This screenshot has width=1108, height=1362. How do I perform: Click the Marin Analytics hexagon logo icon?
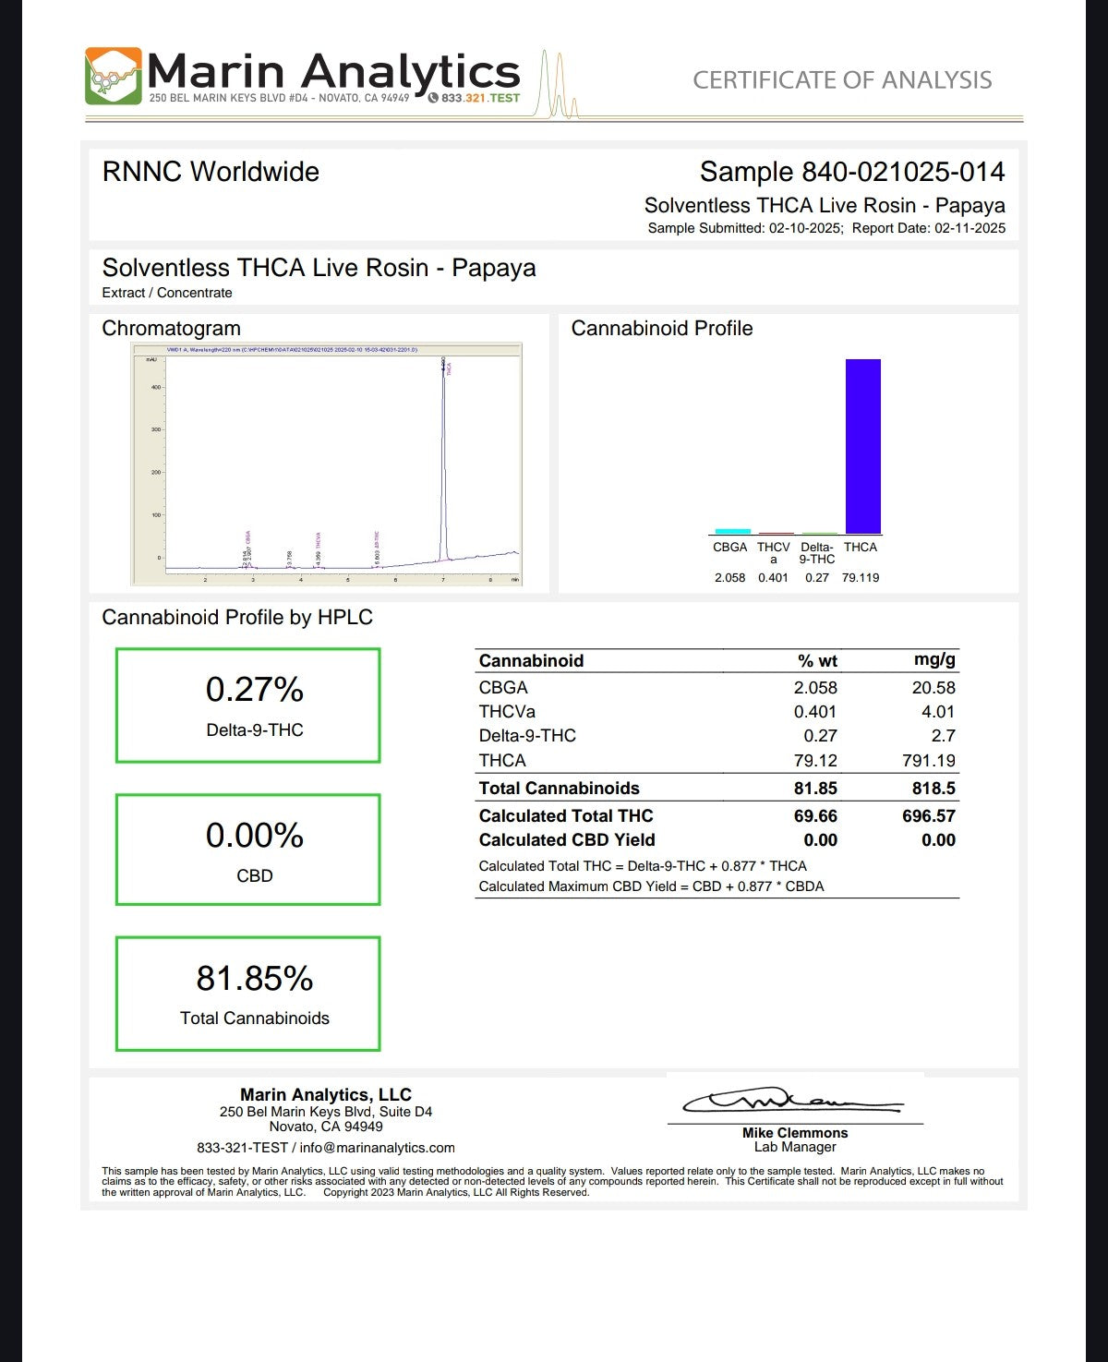pos(114,76)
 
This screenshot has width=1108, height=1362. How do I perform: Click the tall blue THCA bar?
pos(863,446)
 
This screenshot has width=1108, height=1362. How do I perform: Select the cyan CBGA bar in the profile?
pos(733,531)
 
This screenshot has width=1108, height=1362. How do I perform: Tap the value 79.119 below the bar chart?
pos(861,578)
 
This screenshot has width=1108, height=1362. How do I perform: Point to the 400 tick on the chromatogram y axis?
pos(155,387)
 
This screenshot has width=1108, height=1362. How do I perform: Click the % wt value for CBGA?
pos(815,688)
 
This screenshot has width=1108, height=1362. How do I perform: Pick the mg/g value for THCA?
pos(928,761)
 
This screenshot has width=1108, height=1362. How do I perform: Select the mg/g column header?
pos(934,660)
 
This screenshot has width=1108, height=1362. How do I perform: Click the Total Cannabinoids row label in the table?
pos(559,789)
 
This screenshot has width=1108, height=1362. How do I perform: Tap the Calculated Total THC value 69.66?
pos(815,816)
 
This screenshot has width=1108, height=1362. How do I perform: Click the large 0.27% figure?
pos(254,690)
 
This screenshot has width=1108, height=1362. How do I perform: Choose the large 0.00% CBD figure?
pos(254,836)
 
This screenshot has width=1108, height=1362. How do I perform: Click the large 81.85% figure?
pos(254,979)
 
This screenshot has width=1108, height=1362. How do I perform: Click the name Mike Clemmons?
pos(794,1133)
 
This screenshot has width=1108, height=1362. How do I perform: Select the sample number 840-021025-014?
pos(902,172)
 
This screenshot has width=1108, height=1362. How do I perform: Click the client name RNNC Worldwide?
pos(211,172)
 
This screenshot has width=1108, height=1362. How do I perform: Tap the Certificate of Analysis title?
pos(842,80)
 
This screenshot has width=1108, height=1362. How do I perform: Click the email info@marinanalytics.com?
pos(377,1148)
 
